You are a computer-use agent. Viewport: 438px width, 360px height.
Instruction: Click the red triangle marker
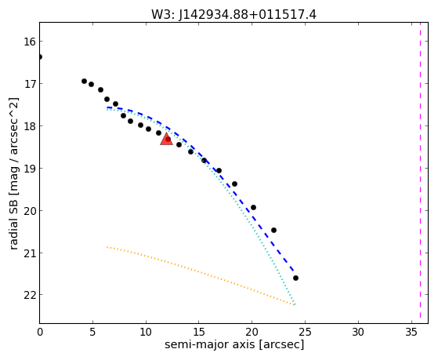166,139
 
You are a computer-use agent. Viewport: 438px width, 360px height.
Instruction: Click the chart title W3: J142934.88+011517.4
233,15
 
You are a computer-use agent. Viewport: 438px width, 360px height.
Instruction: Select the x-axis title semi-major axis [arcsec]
234,344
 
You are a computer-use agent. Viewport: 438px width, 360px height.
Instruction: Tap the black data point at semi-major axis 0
40,57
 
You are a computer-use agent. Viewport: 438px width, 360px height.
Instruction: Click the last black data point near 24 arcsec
295,278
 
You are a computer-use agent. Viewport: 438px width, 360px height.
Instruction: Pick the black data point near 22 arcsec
273,231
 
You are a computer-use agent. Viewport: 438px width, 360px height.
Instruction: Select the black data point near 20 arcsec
253,208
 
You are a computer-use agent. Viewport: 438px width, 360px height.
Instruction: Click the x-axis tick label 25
305,332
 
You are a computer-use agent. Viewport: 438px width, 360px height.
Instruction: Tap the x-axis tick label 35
411,332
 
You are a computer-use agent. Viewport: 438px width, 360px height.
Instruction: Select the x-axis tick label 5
92,332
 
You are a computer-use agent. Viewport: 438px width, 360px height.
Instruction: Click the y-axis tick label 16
30,42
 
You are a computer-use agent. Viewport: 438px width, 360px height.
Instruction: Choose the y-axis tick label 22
30,295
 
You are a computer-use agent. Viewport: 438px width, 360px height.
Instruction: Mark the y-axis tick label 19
30,169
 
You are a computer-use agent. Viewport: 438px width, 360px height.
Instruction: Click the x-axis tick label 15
198,332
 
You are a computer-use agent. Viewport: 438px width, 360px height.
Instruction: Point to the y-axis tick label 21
30,253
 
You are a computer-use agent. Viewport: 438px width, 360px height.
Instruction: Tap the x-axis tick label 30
358,332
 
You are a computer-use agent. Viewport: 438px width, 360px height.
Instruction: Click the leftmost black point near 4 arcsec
84,81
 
